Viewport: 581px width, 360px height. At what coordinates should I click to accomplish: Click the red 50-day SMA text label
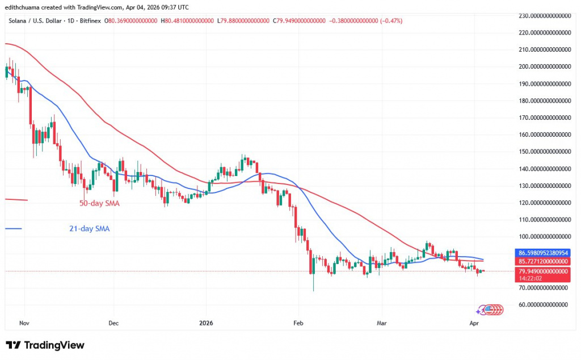[99, 203]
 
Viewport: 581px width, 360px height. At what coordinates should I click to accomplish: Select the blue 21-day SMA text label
[86, 229]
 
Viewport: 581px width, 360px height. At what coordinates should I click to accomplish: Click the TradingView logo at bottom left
[45, 345]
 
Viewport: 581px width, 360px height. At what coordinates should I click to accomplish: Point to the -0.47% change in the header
[391, 20]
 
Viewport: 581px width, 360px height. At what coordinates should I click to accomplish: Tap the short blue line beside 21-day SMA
[13, 229]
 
